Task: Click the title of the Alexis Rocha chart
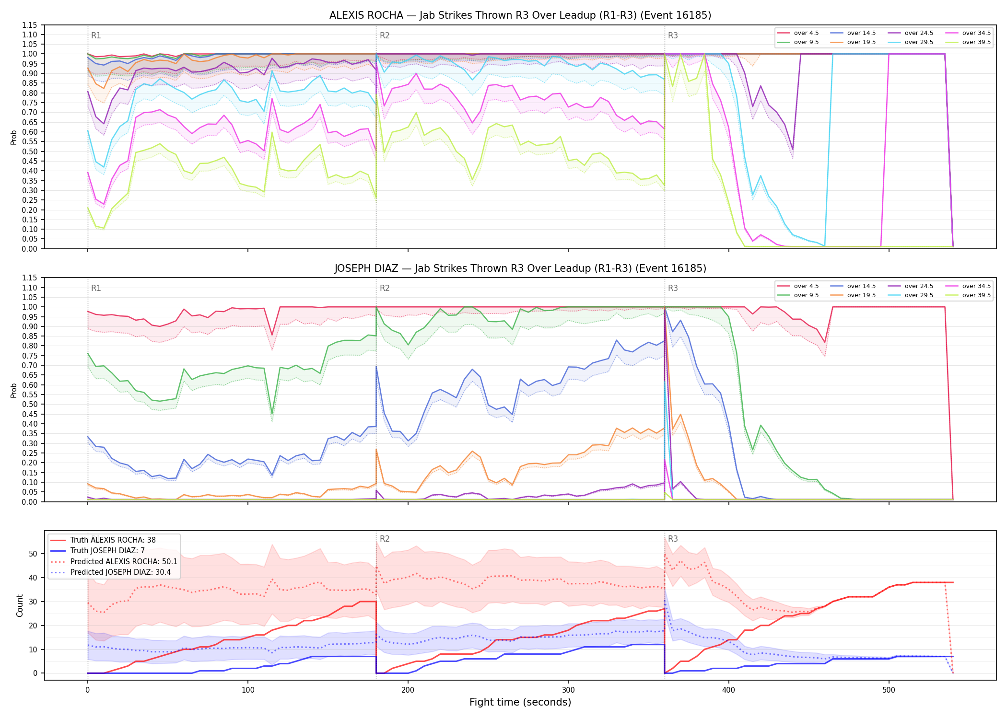click(x=520, y=15)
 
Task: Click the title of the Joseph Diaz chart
click(x=520, y=268)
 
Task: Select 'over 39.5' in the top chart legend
click(x=976, y=42)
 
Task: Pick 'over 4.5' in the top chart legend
click(x=806, y=33)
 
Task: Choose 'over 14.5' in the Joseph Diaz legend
click(x=861, y=286)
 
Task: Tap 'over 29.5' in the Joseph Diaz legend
click(x=919, y=295)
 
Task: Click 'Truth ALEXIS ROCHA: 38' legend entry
click(x=113, y=540)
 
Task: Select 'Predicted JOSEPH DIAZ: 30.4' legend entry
click(x=120, y=572)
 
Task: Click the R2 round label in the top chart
click(x=385, y=35)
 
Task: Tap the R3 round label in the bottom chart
click(x=673, y=539)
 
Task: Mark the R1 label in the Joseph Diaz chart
click(x=96, y=288)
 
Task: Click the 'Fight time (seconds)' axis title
click(x=520, y=702)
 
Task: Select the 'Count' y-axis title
click(x=20, y=605)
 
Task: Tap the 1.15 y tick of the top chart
click(x=30, y=25)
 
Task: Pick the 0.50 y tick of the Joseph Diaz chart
click(x=30, y=404)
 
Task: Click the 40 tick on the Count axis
click(x=33, y=578)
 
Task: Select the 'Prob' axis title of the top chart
click(x=14, y=137)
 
